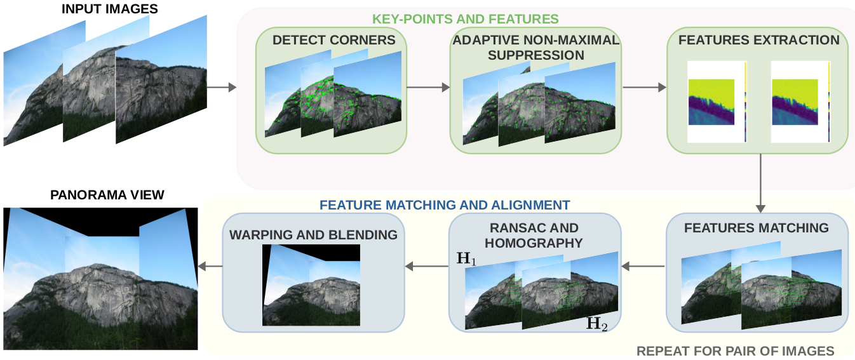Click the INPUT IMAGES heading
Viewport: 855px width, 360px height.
[110, 10]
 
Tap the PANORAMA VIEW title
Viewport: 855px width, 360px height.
[107, 196]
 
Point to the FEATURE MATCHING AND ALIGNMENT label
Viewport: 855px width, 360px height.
[445, 205]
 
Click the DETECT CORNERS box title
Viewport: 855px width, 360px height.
[333, 41]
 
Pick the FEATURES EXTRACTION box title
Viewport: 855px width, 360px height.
[758, 41]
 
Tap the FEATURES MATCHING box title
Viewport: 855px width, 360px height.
[756, 227]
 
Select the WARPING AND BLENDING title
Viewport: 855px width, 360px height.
[314, 234]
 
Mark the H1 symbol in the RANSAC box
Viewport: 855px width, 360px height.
[466, 258]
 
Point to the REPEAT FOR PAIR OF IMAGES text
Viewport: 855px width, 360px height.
[736, 350]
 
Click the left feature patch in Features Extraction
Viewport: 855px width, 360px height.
[711, 102]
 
